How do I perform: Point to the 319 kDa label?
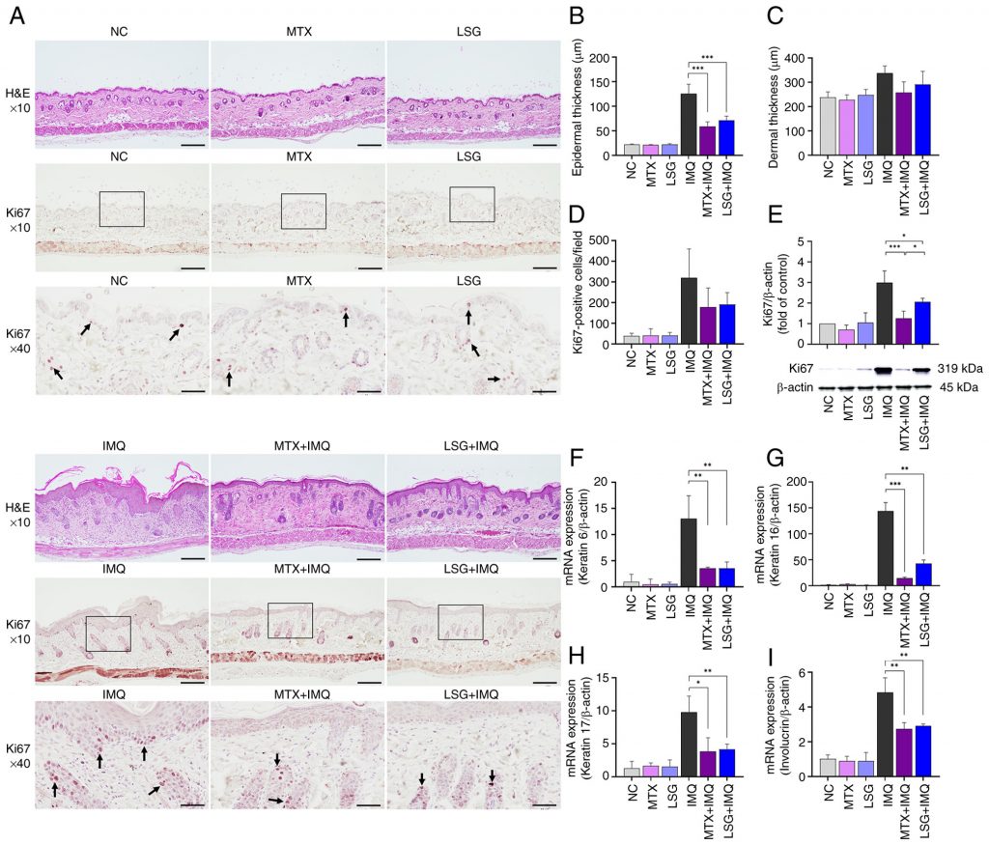pos(955,368)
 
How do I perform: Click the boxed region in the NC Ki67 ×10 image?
pos(122,210)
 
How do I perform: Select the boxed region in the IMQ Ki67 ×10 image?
pos(107,633)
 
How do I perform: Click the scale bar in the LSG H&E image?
pos(544,147)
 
